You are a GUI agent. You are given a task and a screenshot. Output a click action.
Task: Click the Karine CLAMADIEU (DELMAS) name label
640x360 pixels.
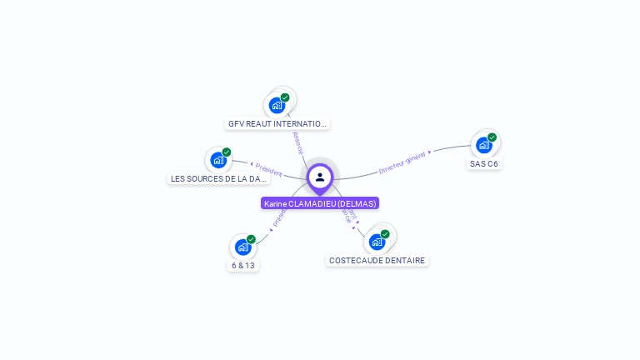pyautogui.click(x=320, y=203)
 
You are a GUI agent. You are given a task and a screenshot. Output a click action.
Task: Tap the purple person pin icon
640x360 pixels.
pyautogui.click(x=320, y=177)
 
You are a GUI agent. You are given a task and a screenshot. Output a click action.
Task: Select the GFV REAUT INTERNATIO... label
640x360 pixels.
pyautogui.click(x=277, y=123)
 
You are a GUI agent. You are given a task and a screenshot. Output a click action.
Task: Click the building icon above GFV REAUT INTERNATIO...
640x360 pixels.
pyautogui.click(x=277, y=106)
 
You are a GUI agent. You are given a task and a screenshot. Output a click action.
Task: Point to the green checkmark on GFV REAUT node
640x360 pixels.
pyautogui.click(x=285, y=97)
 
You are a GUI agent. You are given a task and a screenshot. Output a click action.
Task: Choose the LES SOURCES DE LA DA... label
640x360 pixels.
pyautogui.click(x=218, y=178)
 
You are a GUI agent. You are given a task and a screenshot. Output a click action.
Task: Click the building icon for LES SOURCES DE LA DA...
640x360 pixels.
pyautogui.click(x=218, y=160)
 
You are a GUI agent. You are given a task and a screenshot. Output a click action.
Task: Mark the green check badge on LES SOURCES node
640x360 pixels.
pyautogui.click(x=227, y=152)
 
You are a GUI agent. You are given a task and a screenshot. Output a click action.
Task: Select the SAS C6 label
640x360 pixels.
pyautogui.click(x=483, y=163)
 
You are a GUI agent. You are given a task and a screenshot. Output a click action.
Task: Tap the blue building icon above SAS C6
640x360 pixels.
pyautogui.click(x=483, y=145)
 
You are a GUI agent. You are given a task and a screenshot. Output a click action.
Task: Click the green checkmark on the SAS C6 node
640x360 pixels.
pyautogui.click(x=492, y=137)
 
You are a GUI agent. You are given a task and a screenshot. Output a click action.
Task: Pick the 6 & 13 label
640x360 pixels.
pyautogui.click(x=242, y=265)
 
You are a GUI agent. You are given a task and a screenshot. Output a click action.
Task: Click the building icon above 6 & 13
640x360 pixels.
pyautogui.click(x=242, y=247)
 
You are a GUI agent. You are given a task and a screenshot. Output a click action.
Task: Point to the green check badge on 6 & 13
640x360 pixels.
pyautogui.click(x=251, y=239)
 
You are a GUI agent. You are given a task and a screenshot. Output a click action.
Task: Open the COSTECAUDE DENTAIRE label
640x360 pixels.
pyautogui.click(x=377, y=260)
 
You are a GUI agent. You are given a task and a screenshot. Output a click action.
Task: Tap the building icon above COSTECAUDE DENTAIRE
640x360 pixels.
pyautogui.click(x=377, y=242)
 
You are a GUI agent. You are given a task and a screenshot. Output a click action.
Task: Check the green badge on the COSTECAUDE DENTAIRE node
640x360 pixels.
pyautogui.click(x=385, y=234)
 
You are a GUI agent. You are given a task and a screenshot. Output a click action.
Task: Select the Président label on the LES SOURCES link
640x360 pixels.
pyautogui.click(x=269, y=170)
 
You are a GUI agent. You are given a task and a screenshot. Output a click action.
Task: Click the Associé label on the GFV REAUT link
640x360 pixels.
pyautogui.click(x=297, y=142)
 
